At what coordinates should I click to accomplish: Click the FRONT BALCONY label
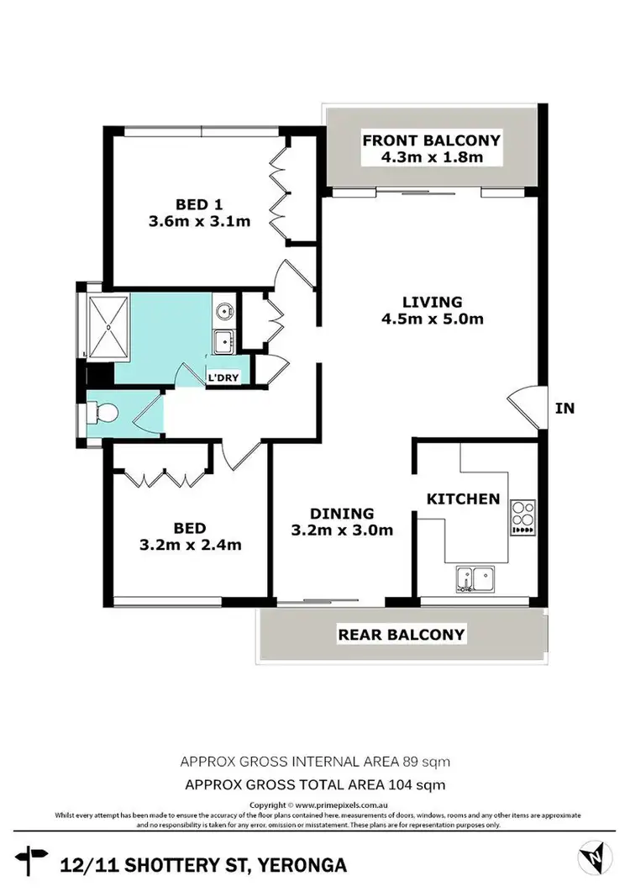(431, 140)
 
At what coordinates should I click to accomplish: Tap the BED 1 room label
(199, 204)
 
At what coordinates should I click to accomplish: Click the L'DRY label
(224, 377)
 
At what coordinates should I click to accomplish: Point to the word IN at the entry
(564, 409)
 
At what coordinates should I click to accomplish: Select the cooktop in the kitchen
(522, 518)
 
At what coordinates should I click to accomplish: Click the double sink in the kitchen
(474, 579)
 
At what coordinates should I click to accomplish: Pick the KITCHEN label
(464, 499)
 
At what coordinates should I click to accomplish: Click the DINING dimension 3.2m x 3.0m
(342, 530)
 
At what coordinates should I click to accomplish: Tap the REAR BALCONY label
(401, 635)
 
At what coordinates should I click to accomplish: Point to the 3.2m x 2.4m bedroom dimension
(190, 544)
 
